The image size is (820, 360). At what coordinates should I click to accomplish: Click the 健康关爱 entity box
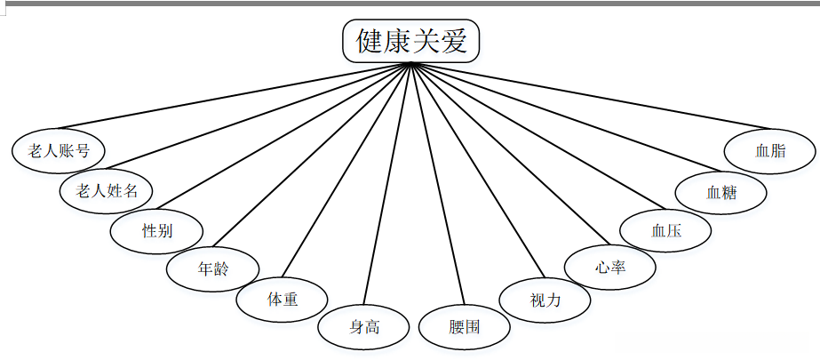411,41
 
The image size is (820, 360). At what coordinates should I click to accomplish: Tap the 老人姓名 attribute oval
106,190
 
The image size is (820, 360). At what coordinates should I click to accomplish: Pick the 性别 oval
156,230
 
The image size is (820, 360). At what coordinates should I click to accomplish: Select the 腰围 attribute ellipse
464,326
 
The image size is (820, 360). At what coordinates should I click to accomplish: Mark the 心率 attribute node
610,266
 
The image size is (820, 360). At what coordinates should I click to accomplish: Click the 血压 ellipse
665,230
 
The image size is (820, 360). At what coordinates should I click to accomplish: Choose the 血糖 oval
720,191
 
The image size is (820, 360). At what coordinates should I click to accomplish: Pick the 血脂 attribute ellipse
769,150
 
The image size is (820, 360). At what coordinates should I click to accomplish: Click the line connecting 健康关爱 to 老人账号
231,96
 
